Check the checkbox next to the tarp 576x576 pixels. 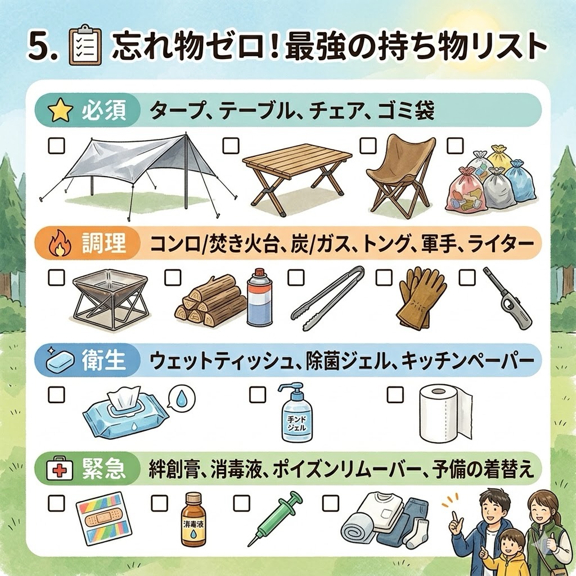coord(56,145)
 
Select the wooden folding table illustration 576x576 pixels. coord(298,181)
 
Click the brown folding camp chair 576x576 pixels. coord(401,175)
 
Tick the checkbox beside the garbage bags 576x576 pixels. coord(454,146)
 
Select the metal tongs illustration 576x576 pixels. coord(327,297)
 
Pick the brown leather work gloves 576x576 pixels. coord(421,297)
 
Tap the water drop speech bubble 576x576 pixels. coord(181,398)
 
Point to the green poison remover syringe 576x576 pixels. coord(276,518)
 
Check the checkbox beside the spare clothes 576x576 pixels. coord(331,503)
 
